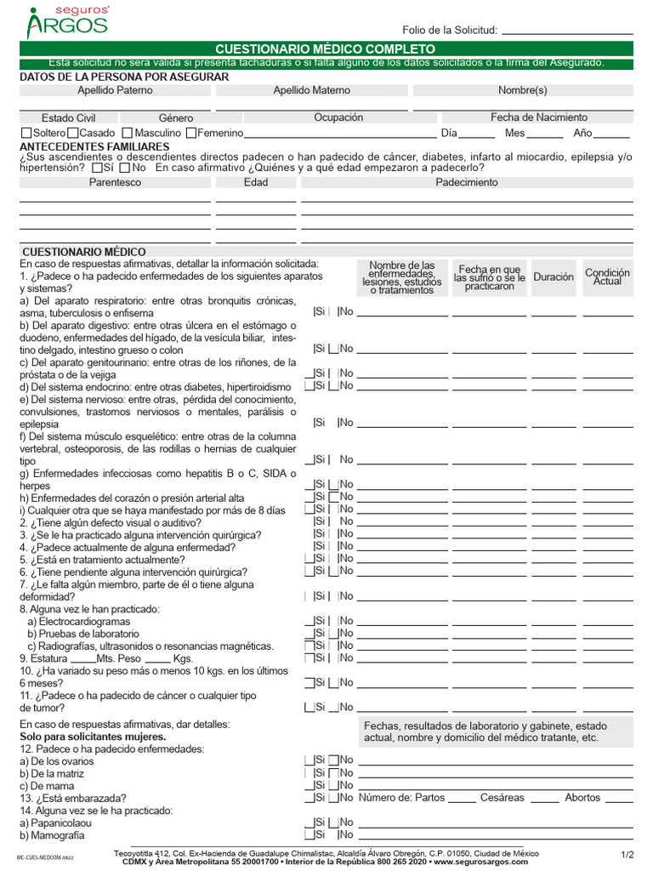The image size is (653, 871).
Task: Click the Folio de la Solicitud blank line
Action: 567,31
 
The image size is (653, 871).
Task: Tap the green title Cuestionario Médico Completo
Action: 326,49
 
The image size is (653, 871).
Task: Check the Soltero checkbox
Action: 26,133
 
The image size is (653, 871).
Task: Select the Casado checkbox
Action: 72,133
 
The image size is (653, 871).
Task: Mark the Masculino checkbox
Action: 127,133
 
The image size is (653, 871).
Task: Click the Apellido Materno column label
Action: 311,90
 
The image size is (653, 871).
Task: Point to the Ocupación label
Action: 338,117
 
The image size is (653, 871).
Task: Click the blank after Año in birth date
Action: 612,134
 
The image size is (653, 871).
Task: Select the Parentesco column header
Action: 116,182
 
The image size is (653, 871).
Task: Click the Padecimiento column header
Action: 467,182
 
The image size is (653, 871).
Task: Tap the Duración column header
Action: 554,277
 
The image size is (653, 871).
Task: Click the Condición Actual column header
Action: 607,277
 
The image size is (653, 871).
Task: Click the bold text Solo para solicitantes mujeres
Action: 93,736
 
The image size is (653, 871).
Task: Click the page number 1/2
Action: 627,854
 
